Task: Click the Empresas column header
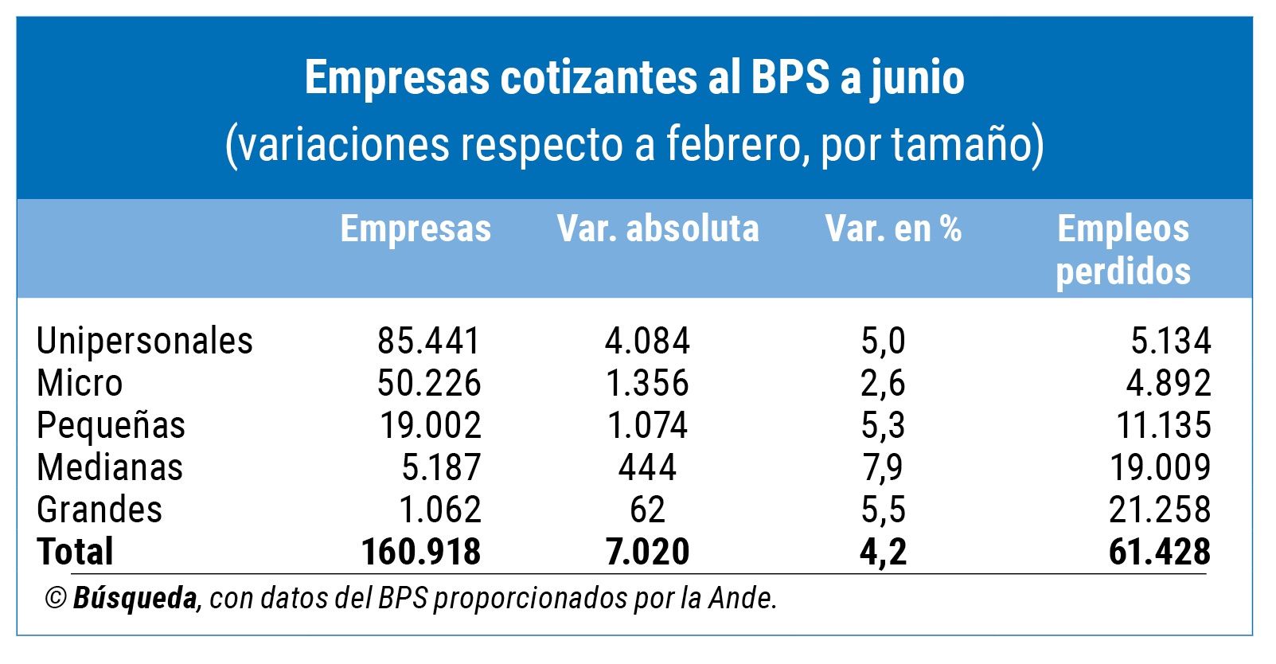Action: point(416,228)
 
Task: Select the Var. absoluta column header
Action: point(658,228)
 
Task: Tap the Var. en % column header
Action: point(893,228)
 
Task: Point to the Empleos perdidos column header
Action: point(1122,249)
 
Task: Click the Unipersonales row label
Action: point(145,341)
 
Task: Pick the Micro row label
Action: point(80,383)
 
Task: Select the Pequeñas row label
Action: point(111,425)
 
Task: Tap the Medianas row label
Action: point(110,467)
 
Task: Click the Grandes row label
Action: point(100,510)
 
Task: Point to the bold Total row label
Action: point(75,552)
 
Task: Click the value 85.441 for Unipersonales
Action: point(429,341)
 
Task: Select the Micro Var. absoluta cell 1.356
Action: point(647,383)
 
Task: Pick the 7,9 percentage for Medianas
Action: point(883,467)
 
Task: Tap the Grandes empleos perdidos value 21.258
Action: point(1160,510)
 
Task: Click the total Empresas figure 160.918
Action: point(421,552)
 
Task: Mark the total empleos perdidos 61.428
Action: point(1160,552)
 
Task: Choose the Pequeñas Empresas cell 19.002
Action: point(430,425)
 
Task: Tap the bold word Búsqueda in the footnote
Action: point(135,598)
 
